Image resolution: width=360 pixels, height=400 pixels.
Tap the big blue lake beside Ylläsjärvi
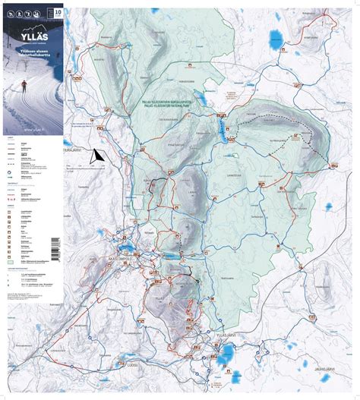tap(227, 354)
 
